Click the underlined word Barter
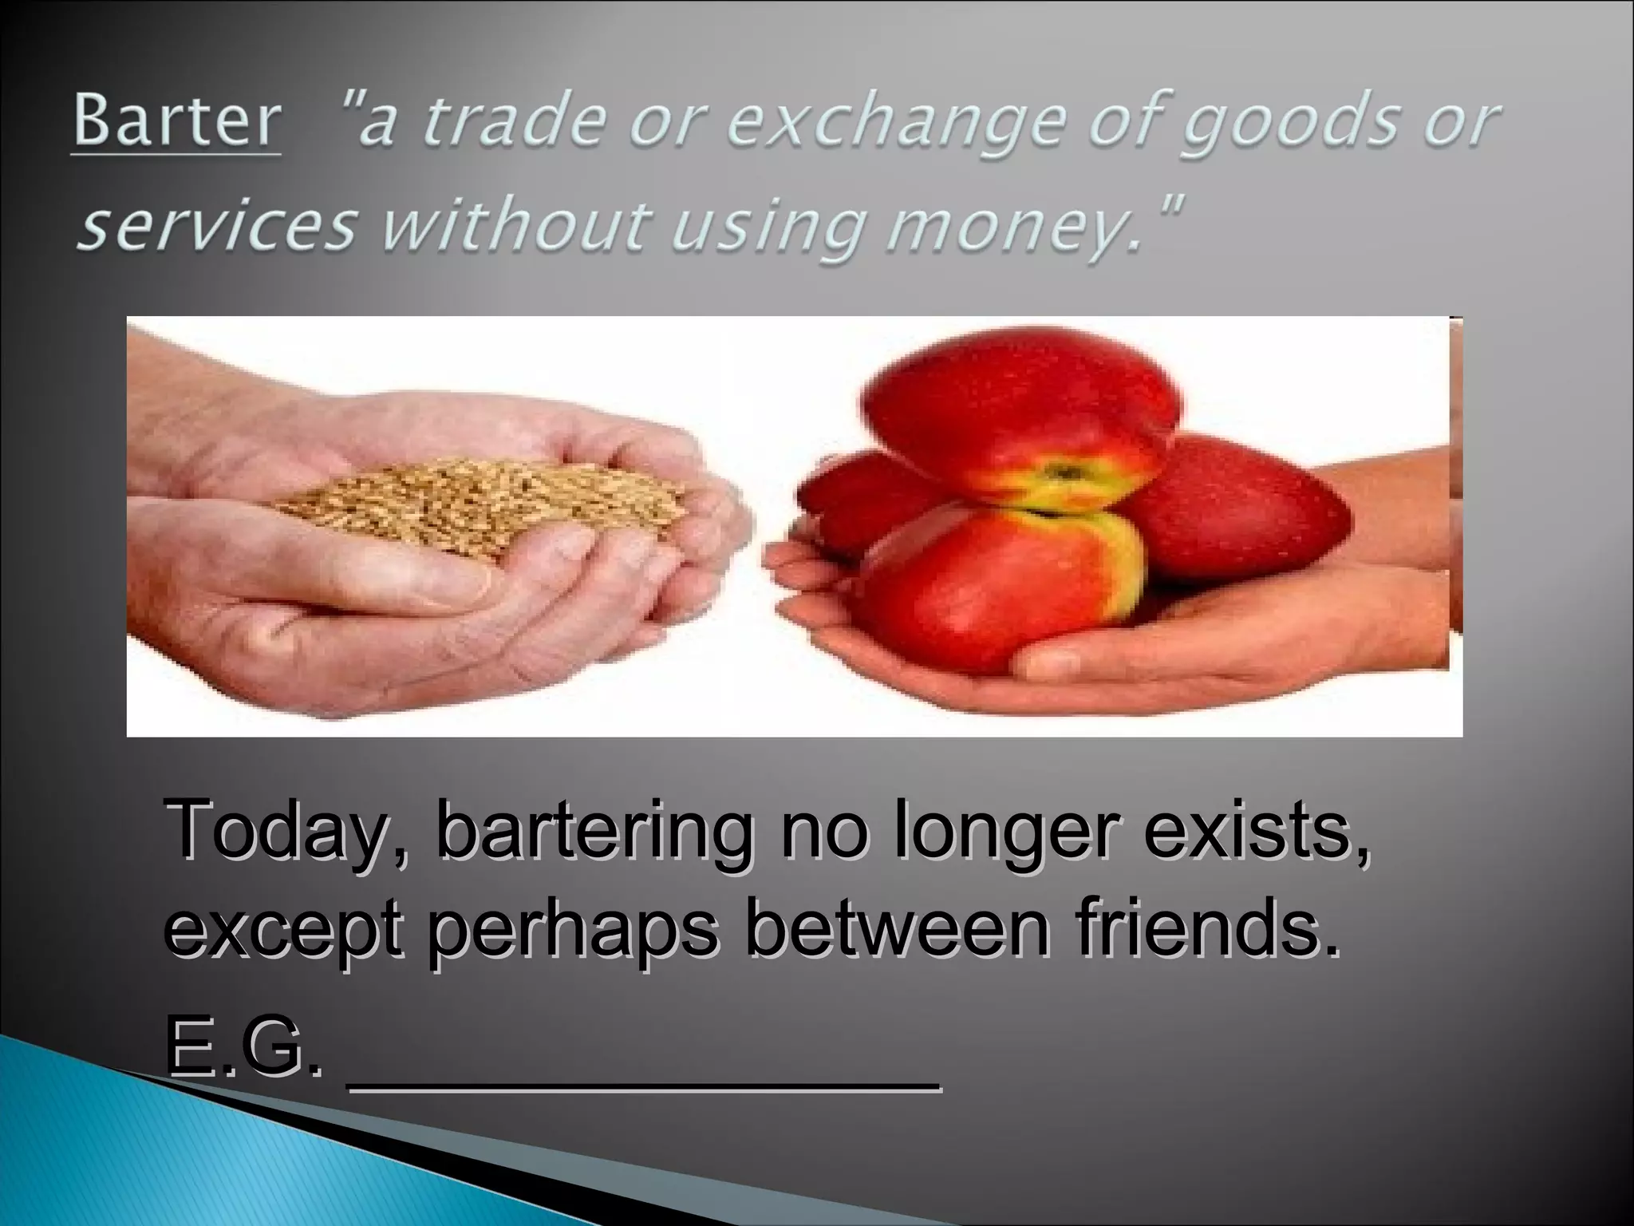point(176,122)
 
